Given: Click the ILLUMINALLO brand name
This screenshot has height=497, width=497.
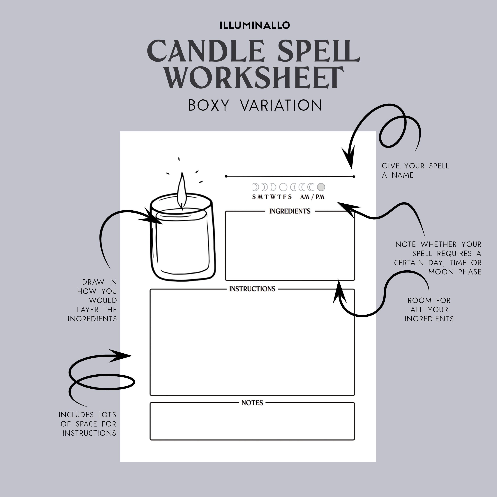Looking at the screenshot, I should [255, 25].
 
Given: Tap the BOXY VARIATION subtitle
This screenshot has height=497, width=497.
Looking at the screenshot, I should [255, 105].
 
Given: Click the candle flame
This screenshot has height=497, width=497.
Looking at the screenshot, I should [182, 190].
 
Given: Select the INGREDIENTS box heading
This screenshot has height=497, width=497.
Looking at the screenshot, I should [290, 211].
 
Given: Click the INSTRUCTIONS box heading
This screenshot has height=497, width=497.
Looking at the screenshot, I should [252, 289].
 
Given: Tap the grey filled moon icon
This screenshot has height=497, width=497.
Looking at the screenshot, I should [321, 187].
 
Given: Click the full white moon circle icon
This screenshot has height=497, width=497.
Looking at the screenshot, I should [283, 187].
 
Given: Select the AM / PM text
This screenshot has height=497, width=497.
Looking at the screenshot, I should [312, 197].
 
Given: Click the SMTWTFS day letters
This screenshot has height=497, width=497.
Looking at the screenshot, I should [272, 197].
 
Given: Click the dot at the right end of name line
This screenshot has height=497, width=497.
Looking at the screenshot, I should [354, 177].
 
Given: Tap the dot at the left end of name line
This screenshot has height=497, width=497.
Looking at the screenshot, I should [226, 176].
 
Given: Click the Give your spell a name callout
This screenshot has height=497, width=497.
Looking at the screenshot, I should [415, 170].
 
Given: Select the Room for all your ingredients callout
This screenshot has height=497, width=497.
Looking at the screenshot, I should [429, 309].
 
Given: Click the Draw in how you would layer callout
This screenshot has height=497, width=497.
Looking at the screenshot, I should [95, 300].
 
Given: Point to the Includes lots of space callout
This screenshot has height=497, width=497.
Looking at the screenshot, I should [87, 424].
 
